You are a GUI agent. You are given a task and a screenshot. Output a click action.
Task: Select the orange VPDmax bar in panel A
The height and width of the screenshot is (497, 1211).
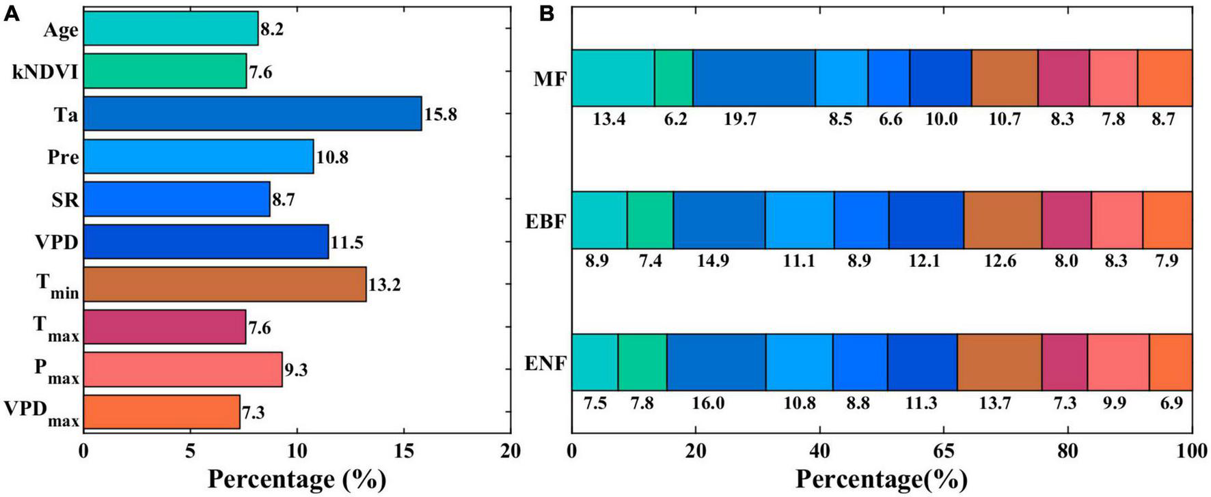(x=161, y=412)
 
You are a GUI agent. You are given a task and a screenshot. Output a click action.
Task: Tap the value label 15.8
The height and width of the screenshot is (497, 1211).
(x=440, y=114)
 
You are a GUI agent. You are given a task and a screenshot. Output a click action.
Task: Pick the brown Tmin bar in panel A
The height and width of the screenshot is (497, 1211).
(x=224, y=284)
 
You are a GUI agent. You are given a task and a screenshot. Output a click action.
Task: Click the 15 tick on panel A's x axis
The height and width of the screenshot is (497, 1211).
(x=404, y=451)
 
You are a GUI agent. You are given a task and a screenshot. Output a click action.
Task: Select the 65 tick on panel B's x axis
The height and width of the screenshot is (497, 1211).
(x=944, y=451)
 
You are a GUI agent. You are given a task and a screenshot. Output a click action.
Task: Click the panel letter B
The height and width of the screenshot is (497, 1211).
(x=546, y=13)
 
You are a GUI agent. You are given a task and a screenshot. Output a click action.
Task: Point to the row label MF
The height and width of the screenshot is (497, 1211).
(x=550, y=79)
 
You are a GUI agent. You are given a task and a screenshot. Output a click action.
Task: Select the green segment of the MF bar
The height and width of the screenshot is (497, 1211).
(x=673, y=78)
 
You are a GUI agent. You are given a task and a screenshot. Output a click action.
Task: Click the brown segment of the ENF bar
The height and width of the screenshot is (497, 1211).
(x=998, y=362)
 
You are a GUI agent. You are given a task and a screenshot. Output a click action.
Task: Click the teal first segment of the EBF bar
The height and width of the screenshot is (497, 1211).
(x=599, y=220)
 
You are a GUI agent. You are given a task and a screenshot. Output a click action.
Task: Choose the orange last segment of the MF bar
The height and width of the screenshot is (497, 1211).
(x=1164, y=78)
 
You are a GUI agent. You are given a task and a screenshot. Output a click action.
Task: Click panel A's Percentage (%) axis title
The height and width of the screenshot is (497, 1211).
(x=297, y=479)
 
